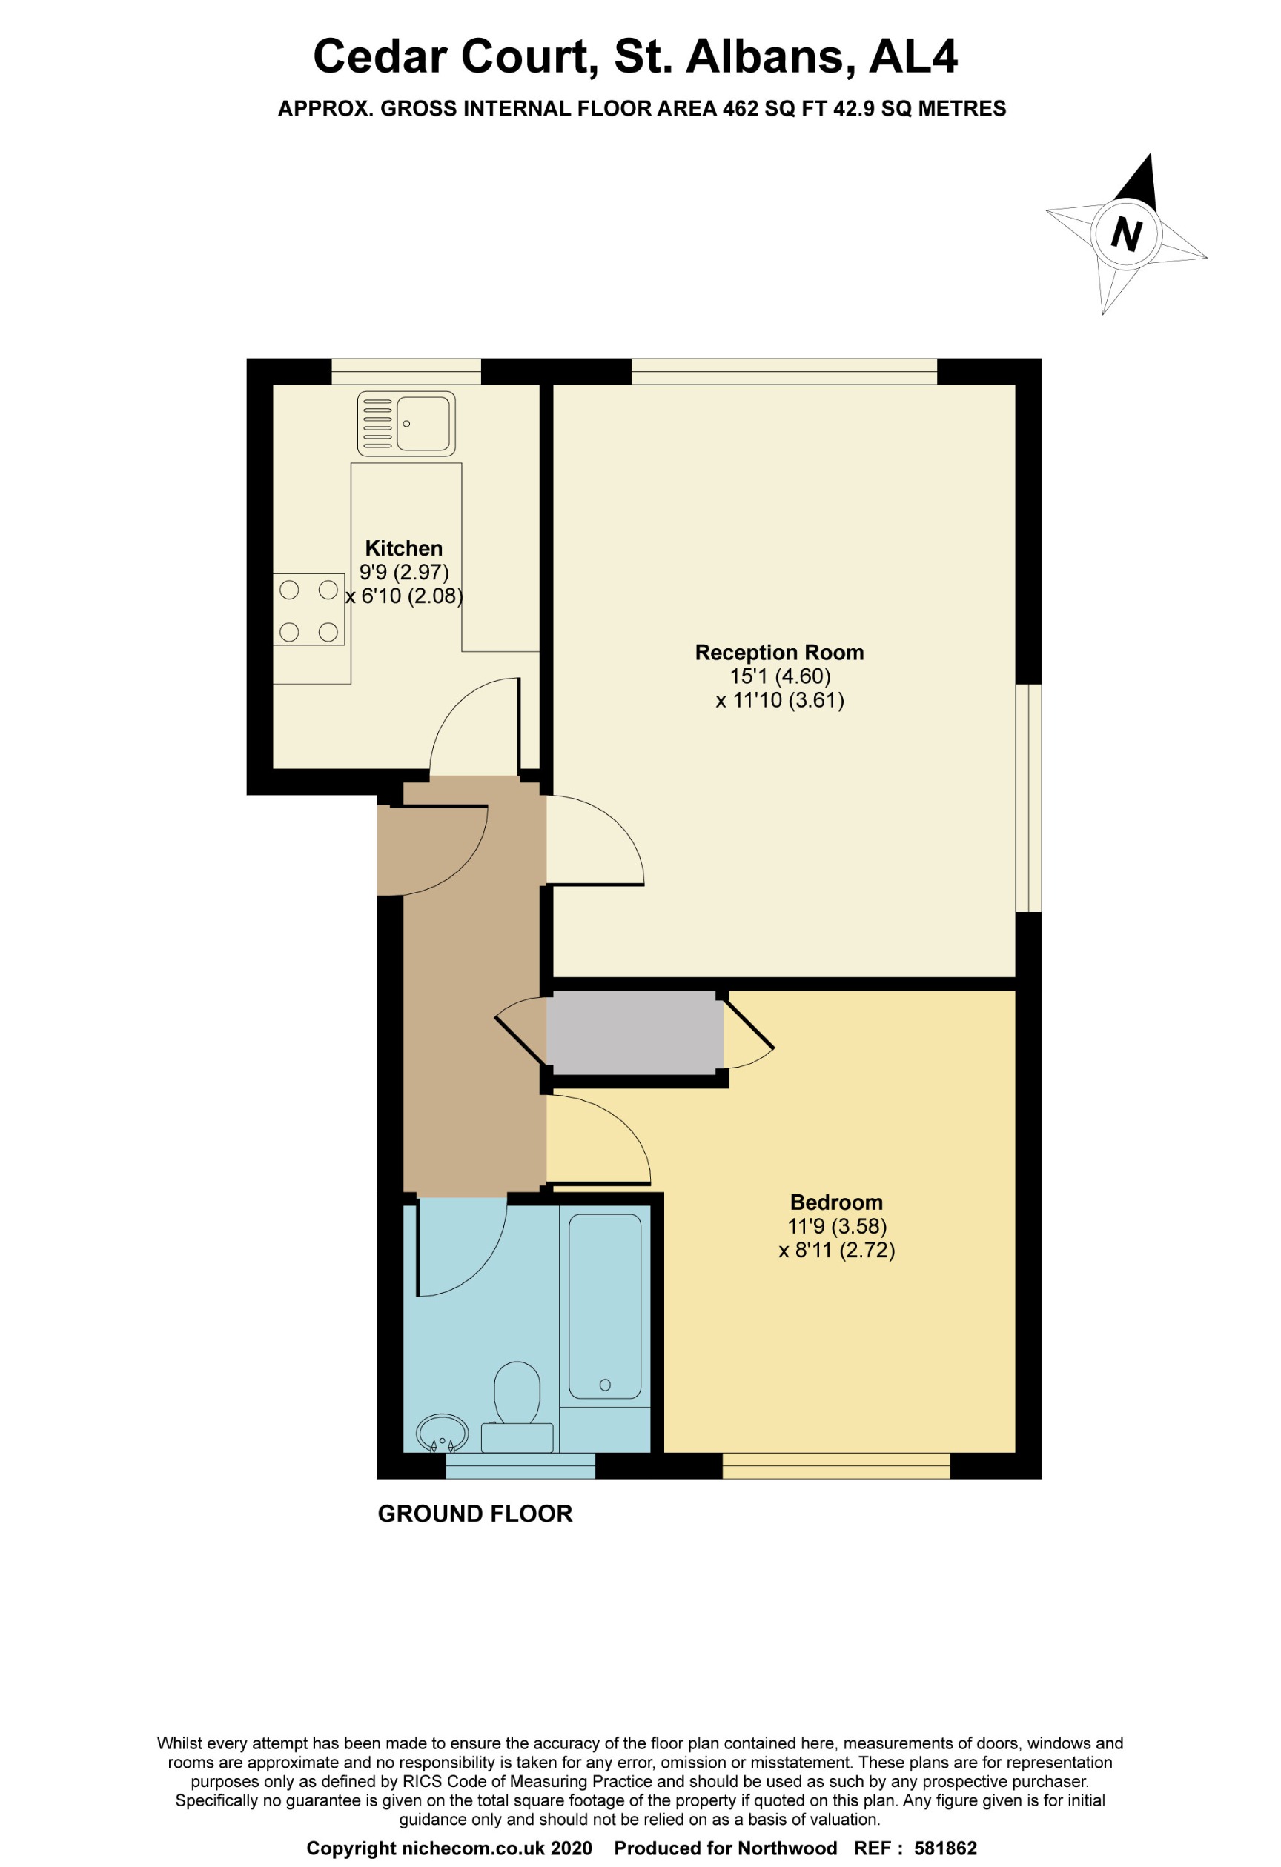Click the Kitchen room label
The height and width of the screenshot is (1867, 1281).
click(403, 548)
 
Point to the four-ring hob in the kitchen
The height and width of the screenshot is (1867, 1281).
click(308, 610)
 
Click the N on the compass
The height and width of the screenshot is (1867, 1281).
click(1126, 234)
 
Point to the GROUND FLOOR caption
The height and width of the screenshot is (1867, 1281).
click(475, 1514)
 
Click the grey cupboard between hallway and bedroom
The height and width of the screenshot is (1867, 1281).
click(634, 1032)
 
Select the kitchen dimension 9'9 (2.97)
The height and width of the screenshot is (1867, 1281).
click(403, 572)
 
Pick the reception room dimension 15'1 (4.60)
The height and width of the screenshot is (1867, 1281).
click(780, 676)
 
